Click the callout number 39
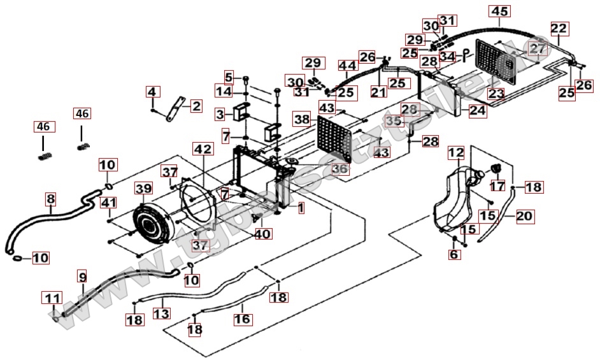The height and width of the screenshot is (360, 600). [143, 188]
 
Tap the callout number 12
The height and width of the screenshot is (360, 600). [455, 153]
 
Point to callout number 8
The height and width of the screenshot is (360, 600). [50, 199]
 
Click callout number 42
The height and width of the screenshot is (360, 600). [202, 149]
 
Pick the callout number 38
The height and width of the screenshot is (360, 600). [302, 119]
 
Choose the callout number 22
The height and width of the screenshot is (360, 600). [559, 29]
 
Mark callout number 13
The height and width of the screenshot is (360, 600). [162, 313]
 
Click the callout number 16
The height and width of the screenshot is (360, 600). [243, 318]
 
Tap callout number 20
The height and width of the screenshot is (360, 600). [524, 216]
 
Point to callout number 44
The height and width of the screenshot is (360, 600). [347, 66]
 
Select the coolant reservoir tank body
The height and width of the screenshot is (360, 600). [454, 194]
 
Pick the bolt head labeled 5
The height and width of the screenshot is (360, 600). [245, 79]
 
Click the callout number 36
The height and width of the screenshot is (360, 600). [340, 169]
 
